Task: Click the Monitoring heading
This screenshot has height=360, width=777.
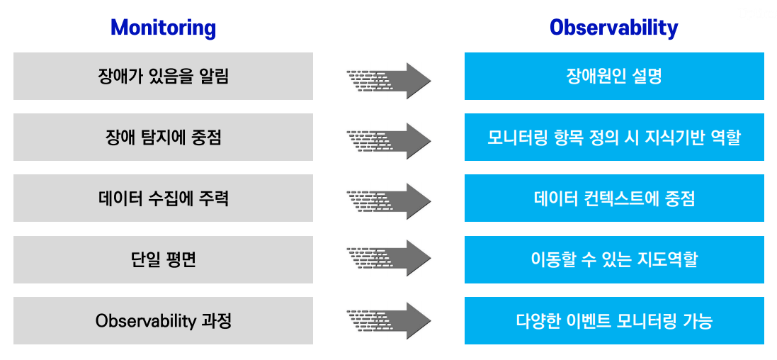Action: point(163,28)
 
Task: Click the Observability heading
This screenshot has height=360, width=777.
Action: point(613,28)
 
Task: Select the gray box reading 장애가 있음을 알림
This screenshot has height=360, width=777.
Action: point(163,77)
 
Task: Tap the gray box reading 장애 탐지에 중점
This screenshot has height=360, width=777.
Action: point(163,137)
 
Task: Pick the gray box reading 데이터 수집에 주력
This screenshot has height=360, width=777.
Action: point(163,198)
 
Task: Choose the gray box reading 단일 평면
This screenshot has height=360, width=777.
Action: point(163,260)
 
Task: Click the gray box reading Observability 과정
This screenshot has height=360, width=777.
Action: point(163,321)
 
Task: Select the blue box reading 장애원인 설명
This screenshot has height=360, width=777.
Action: point(615,77)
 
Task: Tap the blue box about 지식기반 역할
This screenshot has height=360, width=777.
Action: point(615,137)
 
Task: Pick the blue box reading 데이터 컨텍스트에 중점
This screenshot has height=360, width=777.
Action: point(615,198)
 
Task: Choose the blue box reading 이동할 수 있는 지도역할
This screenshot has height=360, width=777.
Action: point(615,260)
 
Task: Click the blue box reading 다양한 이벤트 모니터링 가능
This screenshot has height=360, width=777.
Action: point(615,321)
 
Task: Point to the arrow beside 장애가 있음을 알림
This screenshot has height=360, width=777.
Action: point(389,81)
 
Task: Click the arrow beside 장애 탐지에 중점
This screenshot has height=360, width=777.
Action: point(389,141)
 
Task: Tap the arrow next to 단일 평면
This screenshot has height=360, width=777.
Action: point(389,258)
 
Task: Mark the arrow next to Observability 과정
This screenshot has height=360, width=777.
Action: point(389,320)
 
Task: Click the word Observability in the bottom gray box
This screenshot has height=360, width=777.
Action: point(146,321)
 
